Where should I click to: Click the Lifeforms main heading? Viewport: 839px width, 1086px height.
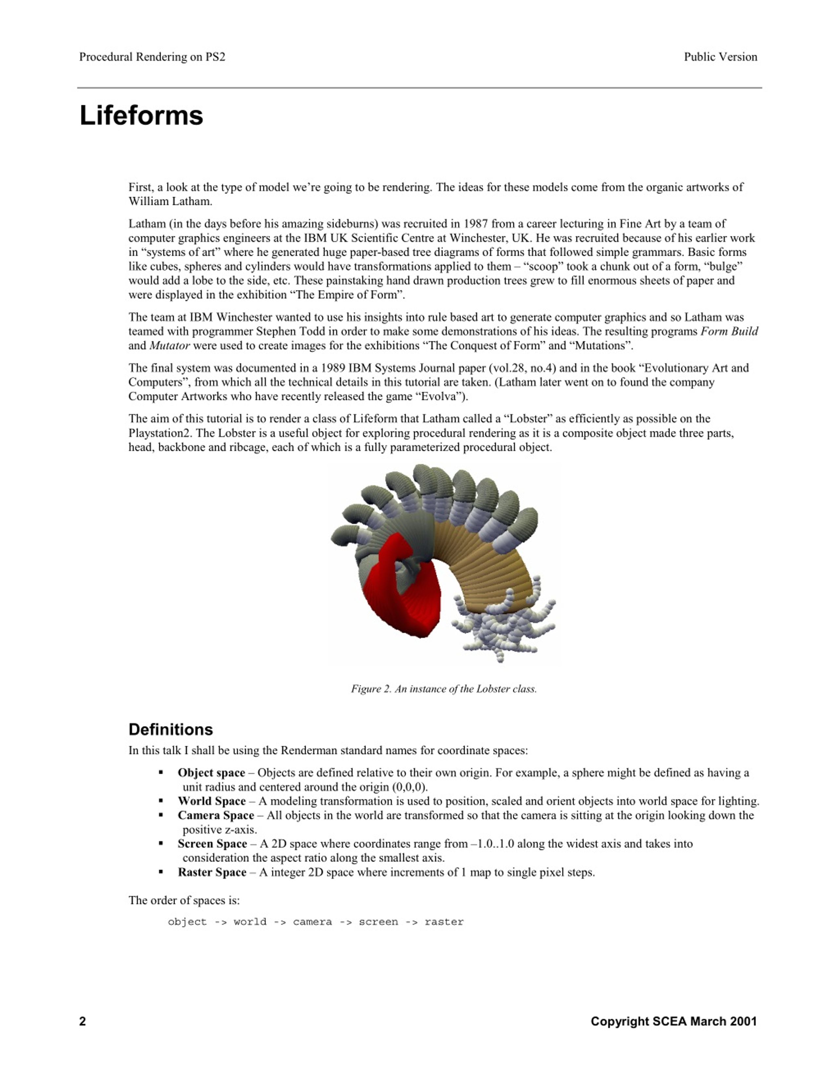click(141, 115)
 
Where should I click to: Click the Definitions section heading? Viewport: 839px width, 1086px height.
click(170, 729)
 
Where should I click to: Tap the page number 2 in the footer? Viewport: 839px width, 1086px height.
click(83, 1021)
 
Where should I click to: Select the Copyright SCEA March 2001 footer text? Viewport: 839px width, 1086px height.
click(673, 1021)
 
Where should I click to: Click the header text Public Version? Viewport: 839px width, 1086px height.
click(720, 57)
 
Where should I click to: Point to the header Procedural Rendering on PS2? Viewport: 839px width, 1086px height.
click(152, 57)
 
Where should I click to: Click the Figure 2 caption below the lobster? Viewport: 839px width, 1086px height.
click(444, 689)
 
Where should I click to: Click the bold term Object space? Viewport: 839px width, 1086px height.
click(211, 773)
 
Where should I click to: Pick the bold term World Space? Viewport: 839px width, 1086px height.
click(212, 801)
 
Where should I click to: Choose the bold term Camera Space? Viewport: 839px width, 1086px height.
click(216, 816)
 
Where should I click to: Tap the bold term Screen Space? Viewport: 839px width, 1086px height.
click(212, 844)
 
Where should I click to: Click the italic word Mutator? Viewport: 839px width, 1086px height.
click(169, 346)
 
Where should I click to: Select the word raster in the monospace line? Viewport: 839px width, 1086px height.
click(444, 922)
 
